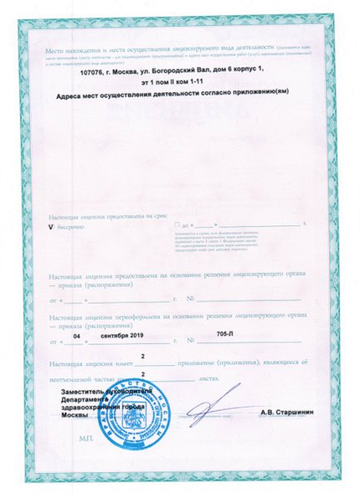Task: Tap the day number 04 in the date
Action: click(x=78, y=336)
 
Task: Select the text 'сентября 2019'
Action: click(x=121, y=336)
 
